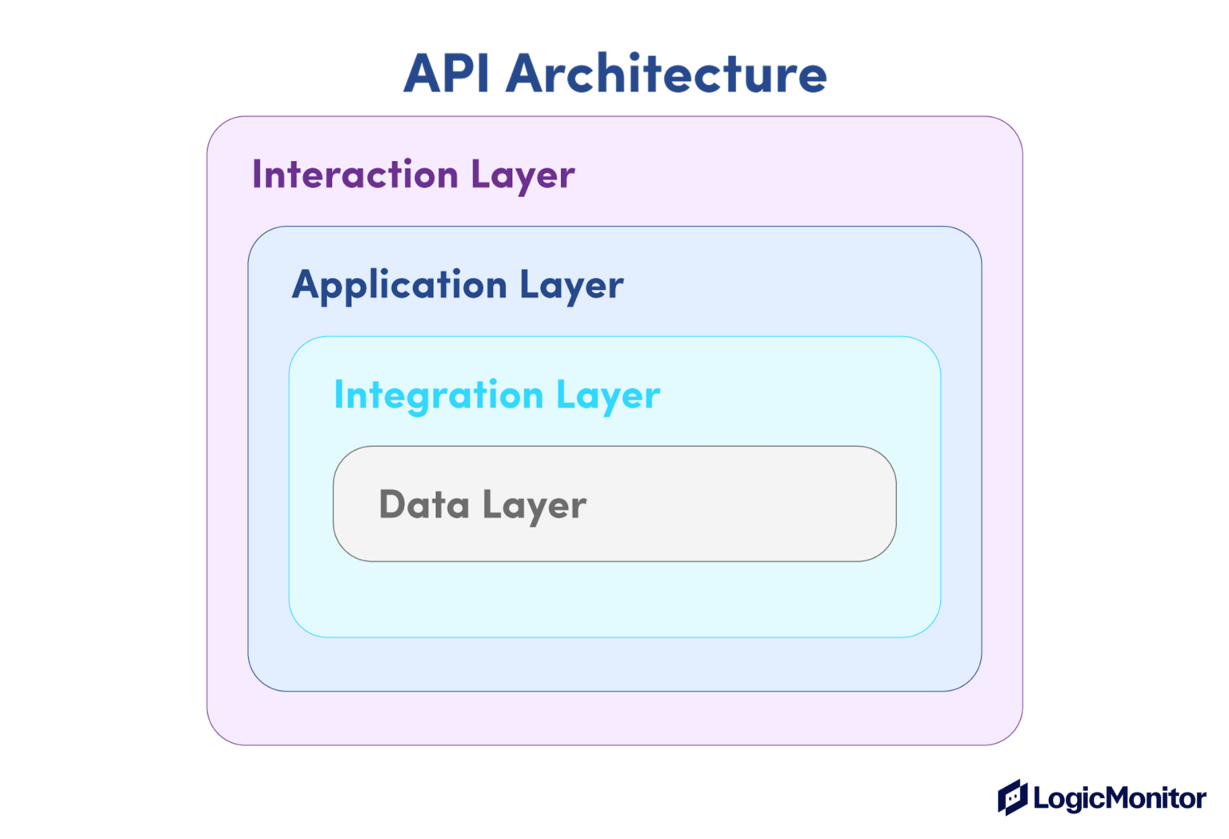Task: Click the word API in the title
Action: [x=446, y=74]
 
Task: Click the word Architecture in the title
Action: [x=666, y=73]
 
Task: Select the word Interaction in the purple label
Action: [x=355, y=175]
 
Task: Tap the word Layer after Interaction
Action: [x=522, y=176]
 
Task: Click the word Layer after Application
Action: [x=572, y=287]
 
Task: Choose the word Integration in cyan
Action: [x=439, y=396]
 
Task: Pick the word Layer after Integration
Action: [x=608, y=396]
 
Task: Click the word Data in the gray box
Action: [x=424, y=504]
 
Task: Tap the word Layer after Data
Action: [x=534, y=506]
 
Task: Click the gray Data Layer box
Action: [x=614, y=504]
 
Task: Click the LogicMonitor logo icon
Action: [x=1012, y=797]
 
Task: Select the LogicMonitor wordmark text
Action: [x=1120, y=798]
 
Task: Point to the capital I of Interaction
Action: [x=256, y=175]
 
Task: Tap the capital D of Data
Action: [x=392, y=504]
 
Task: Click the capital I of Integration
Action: [x=338, y=395]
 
